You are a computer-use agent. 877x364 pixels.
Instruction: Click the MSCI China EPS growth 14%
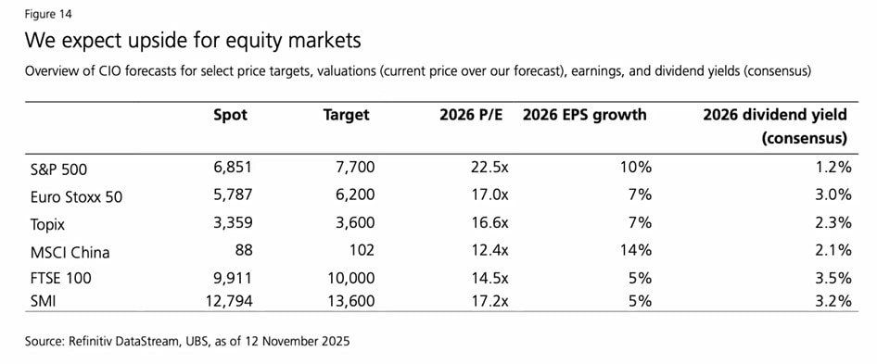636,249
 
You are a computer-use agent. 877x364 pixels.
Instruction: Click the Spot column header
230,116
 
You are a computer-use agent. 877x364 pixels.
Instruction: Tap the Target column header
346,116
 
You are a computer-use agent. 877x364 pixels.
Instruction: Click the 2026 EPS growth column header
584,116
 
